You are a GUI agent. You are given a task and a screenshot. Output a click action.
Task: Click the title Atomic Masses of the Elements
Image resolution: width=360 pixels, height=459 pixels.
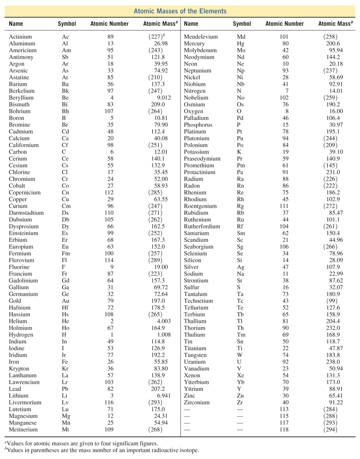pos(180,10)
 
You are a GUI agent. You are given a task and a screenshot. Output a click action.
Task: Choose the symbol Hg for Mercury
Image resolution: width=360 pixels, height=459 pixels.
pos(241,43)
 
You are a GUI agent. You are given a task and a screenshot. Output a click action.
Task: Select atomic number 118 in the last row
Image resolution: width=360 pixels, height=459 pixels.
pos(284,429)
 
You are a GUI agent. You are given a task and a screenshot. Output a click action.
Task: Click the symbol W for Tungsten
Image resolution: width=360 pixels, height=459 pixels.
pos(240,355)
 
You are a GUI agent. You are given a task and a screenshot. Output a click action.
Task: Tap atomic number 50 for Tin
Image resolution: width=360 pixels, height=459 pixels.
pos(284,341)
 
